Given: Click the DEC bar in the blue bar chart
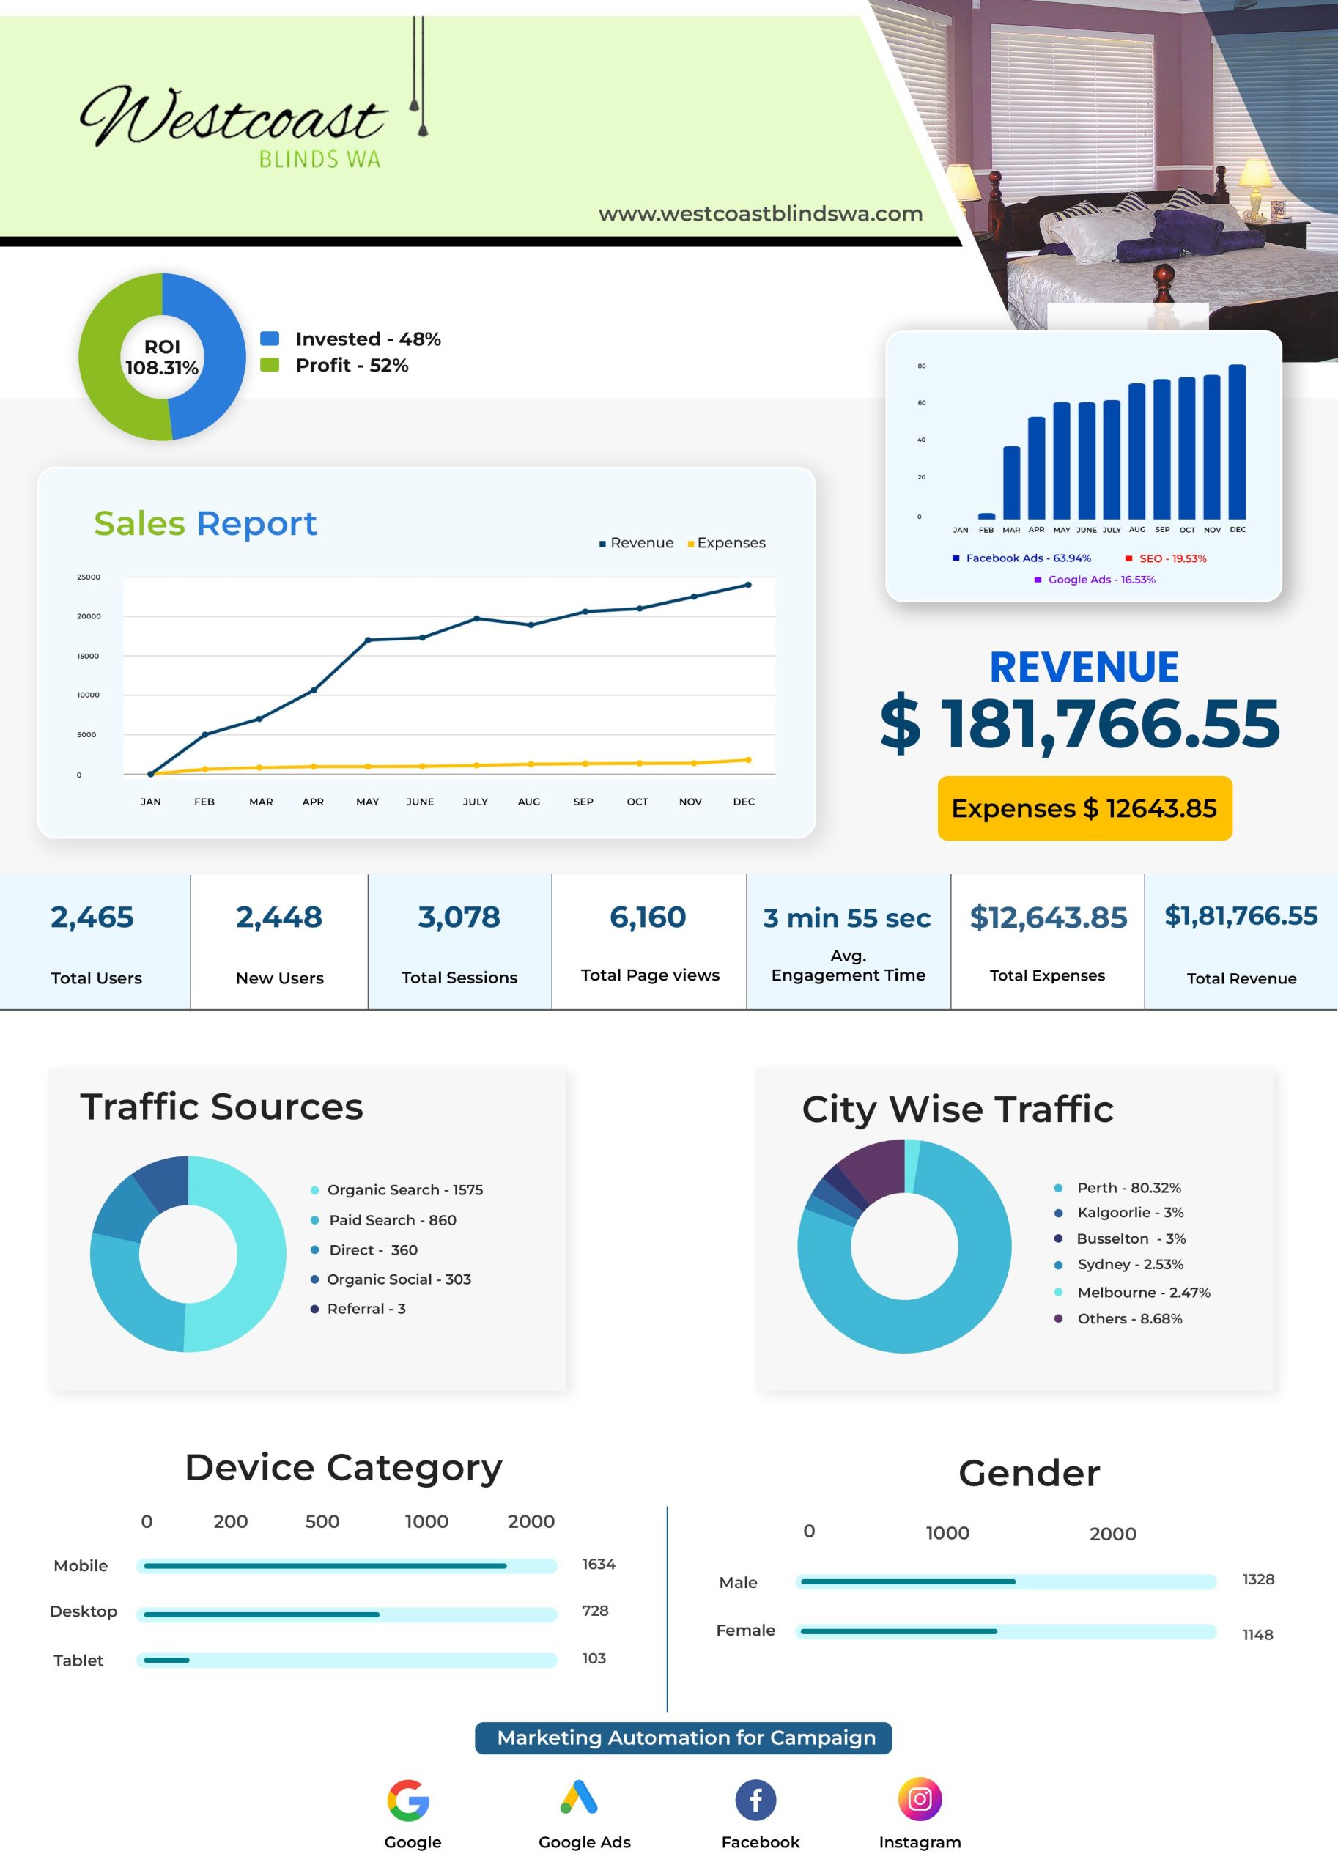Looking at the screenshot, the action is tap(1237, 442).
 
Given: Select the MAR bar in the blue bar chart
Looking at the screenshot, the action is tap(1011, 482).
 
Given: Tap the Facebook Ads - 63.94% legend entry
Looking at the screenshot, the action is tap(1021, 558).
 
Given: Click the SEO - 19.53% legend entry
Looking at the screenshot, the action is tap(1166, 558).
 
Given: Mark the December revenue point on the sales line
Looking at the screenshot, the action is tap(748, 585).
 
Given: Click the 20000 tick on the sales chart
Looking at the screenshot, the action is tap(89, 616).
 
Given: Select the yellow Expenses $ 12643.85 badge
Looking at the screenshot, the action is tap(1084, 808).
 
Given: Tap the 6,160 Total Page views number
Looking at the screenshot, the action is tap(648, 917).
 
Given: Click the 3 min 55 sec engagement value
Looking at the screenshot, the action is tap(847, 917).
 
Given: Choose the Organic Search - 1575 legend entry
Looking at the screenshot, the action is tap(397, 1189).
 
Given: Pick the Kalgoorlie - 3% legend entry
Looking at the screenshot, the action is tap(1120, 1213).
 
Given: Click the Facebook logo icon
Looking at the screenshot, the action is tap(755, 1799).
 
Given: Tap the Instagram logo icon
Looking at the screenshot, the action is tap(920, 1798).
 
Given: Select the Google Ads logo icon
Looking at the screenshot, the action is tap(579, 1798).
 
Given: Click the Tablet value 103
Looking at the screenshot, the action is tap(594, 1658).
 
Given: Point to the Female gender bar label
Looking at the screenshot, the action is tap(746, 1631).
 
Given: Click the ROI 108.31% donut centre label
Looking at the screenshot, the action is tap(163, 358).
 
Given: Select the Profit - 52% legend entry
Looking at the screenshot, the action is tap(334, 365).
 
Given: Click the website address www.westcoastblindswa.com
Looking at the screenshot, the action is tap(761, 213).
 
